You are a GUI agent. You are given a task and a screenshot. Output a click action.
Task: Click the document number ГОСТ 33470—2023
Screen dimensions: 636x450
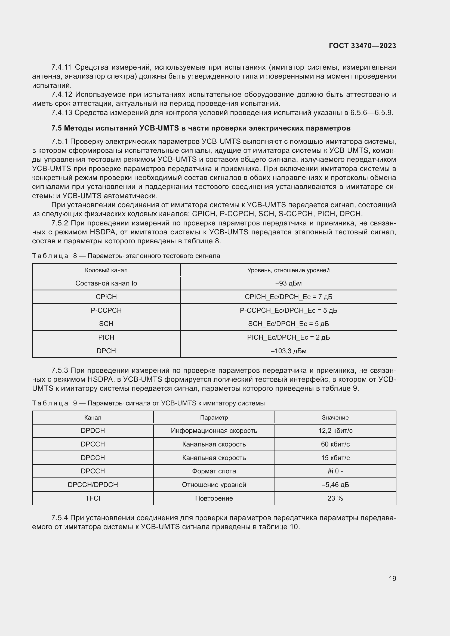[x=362, y=46]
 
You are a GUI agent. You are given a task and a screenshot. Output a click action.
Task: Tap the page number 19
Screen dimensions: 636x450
[x=392, y=578]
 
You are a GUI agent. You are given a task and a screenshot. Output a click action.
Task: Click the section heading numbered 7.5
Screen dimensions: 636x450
[x=201, y=128]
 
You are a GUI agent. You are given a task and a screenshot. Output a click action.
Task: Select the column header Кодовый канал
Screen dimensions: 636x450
[x=106, y=270]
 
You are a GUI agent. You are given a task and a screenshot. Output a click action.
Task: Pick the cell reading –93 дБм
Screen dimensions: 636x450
[x=288, y=283]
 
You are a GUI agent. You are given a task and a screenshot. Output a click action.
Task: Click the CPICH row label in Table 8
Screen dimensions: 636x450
[x=106, y=297]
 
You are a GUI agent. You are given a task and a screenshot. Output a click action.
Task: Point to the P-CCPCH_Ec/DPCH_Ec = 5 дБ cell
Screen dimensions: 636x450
[x=288, y=311]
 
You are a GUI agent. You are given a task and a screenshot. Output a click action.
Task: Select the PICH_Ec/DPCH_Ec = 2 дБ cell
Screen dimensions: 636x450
[x=288, y=337]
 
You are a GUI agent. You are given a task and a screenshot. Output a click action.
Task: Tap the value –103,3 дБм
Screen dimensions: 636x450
[x=288, y=351]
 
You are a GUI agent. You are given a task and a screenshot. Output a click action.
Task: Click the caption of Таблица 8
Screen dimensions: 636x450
[x=126, y=256]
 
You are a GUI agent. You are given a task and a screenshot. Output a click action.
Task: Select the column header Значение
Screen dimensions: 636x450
[x=335, y=417]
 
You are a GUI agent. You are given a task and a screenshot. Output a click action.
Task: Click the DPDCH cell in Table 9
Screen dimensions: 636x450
[x=93, y=431]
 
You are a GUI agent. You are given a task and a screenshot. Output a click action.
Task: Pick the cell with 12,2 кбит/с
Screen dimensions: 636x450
[x=335, y=431]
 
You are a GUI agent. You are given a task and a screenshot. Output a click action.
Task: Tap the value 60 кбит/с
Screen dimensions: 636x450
[x=335, y=444]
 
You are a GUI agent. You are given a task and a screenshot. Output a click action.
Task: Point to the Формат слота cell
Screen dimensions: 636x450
[x=214, y=471]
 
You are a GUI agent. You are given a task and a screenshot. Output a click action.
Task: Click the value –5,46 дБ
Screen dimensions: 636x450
[x=335, y=485]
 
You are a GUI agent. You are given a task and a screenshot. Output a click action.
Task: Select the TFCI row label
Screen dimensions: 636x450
[x=93, y=498]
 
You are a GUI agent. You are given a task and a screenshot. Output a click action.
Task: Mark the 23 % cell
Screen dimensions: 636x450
[x=335, y=498]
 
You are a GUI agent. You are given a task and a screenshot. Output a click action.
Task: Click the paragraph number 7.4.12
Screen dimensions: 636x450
[x=61, y=95]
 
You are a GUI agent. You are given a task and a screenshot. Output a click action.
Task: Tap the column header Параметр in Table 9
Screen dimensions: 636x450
[x=214, y=417]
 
